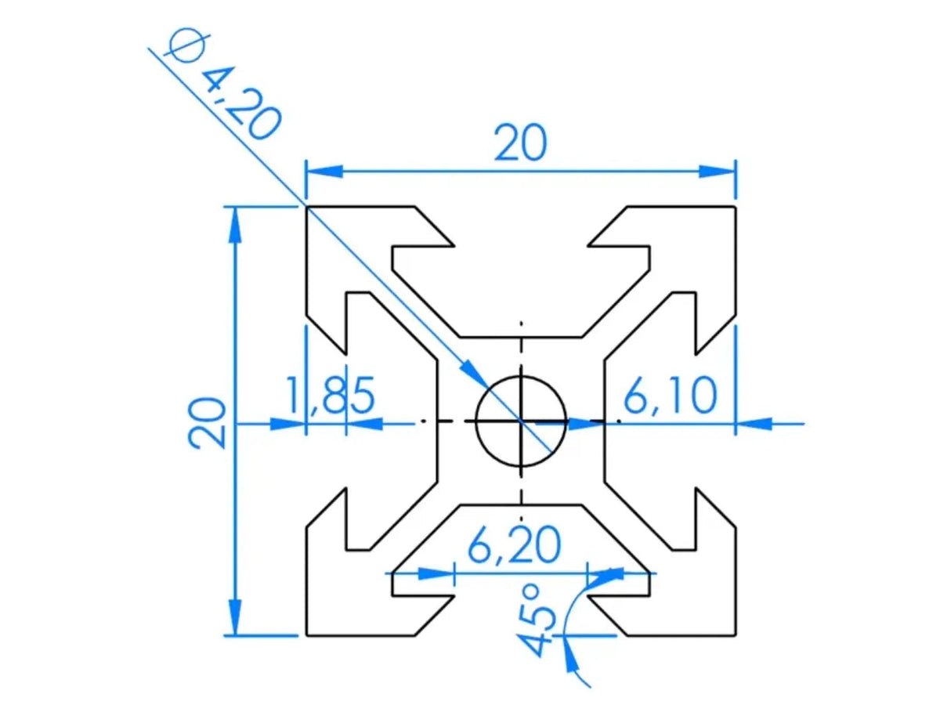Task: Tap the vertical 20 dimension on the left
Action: [x=208, y=422]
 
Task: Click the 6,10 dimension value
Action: [x=670, y=396]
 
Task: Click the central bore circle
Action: [x=521, y=421]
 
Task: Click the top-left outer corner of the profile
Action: [x=306, y=207]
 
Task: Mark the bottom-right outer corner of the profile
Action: [x=736, y=635]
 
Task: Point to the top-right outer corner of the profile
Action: [x=736, y=207]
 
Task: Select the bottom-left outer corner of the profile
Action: [x=306, y=635]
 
